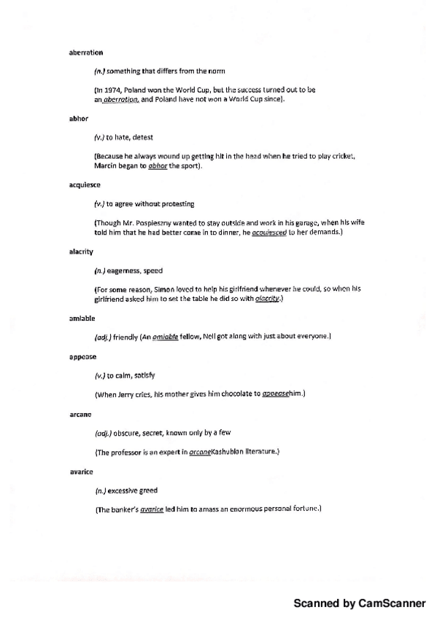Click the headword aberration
coord(75,52)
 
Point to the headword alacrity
coord(73,251)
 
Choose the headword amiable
coord(73,318)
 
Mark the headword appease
coord(73,357)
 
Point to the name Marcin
coord(107,166)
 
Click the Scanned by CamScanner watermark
coord(359,603)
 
